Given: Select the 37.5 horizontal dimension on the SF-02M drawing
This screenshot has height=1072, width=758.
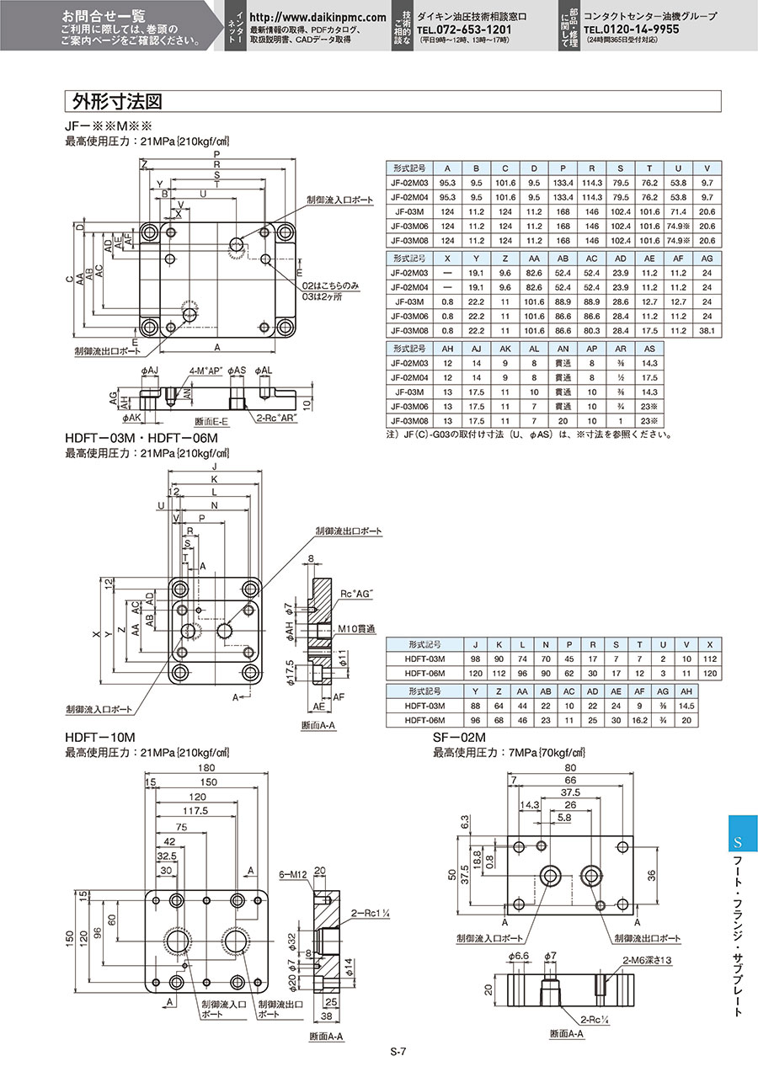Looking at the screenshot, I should [569, 792].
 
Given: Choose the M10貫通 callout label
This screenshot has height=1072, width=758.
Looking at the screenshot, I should [358, 629].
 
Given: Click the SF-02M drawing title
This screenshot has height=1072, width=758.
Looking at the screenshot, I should [460, 738].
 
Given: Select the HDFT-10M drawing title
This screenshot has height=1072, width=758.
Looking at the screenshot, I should [99, 738].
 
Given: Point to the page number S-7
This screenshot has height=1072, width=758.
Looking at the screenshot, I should [399, 1051].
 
